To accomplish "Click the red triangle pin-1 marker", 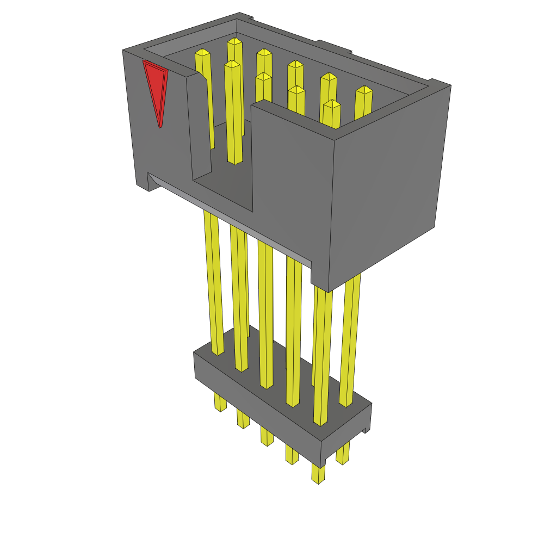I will [x=156, y=88].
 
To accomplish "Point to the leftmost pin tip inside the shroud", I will [x=202, y=53].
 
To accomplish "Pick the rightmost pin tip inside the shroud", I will [x=364, y=90].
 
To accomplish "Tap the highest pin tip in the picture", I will [x=234, y=41].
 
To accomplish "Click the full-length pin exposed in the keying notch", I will [x=234, y=114].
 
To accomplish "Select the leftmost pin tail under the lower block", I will [x=220, y=402].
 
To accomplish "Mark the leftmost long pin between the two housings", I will [x=213, y=283].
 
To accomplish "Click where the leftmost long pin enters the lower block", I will [x=218, y=352].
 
